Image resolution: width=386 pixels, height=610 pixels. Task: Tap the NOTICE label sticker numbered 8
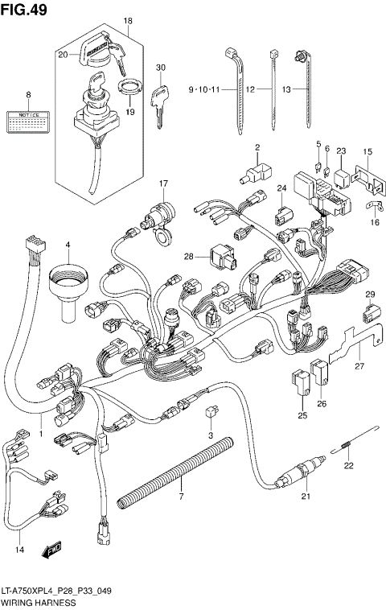[x=27, y=122]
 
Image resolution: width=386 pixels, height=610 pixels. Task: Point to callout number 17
[x=162, y=183]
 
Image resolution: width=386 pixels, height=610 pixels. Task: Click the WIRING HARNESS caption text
[x=38, y=602]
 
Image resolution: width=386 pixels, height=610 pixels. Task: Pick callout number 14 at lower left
[x=19, y=550]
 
